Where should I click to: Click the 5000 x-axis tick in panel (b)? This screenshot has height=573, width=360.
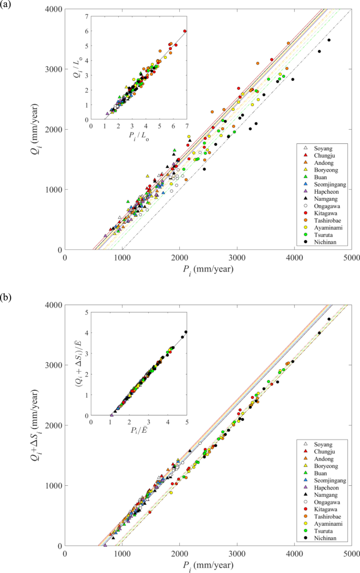pos(351,554)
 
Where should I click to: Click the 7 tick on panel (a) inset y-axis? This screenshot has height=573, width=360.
pos(86,16)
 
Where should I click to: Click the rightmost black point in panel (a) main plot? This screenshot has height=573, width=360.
pos(329,40)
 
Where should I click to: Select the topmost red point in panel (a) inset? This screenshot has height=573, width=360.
pos(184,31)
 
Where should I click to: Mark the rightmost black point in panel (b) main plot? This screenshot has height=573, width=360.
pos(329,319)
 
